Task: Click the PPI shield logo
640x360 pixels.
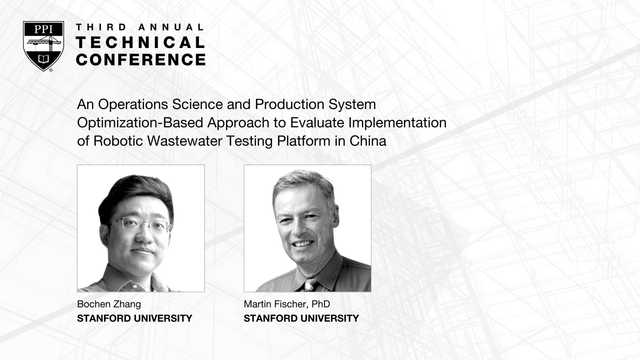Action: point(43,46)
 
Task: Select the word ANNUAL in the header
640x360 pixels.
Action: point(171,27)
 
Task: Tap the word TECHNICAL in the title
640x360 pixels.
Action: point(140,42)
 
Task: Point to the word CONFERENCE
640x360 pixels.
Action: point(141,60)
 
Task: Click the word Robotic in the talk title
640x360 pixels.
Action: point(118,141)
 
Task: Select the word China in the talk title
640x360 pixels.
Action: point(368,141)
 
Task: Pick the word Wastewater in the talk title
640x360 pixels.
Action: point(185,141)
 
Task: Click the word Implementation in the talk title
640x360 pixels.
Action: point(397,123)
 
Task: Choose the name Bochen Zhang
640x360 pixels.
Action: point(109,304)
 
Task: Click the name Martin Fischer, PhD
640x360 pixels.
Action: point(287,304)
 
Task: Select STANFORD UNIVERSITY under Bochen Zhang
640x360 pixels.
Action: point(135,318)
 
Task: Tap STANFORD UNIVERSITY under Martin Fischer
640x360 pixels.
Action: point(301,318)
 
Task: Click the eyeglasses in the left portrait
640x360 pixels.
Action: point(144,225)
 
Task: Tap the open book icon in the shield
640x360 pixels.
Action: point(43,59)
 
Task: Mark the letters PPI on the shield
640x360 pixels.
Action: point(43,29)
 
